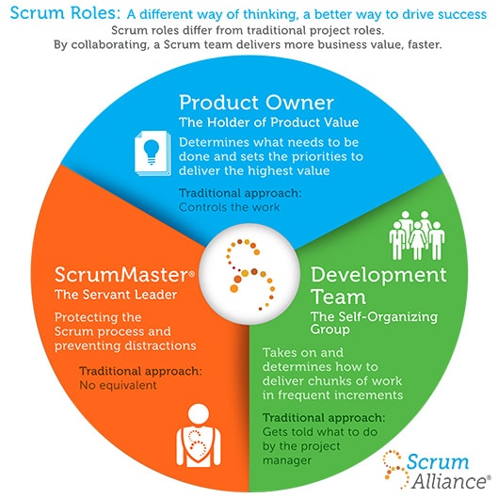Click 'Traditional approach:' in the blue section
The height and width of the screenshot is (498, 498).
(238, 193)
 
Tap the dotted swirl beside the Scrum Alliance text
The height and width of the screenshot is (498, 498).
(394, 468)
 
